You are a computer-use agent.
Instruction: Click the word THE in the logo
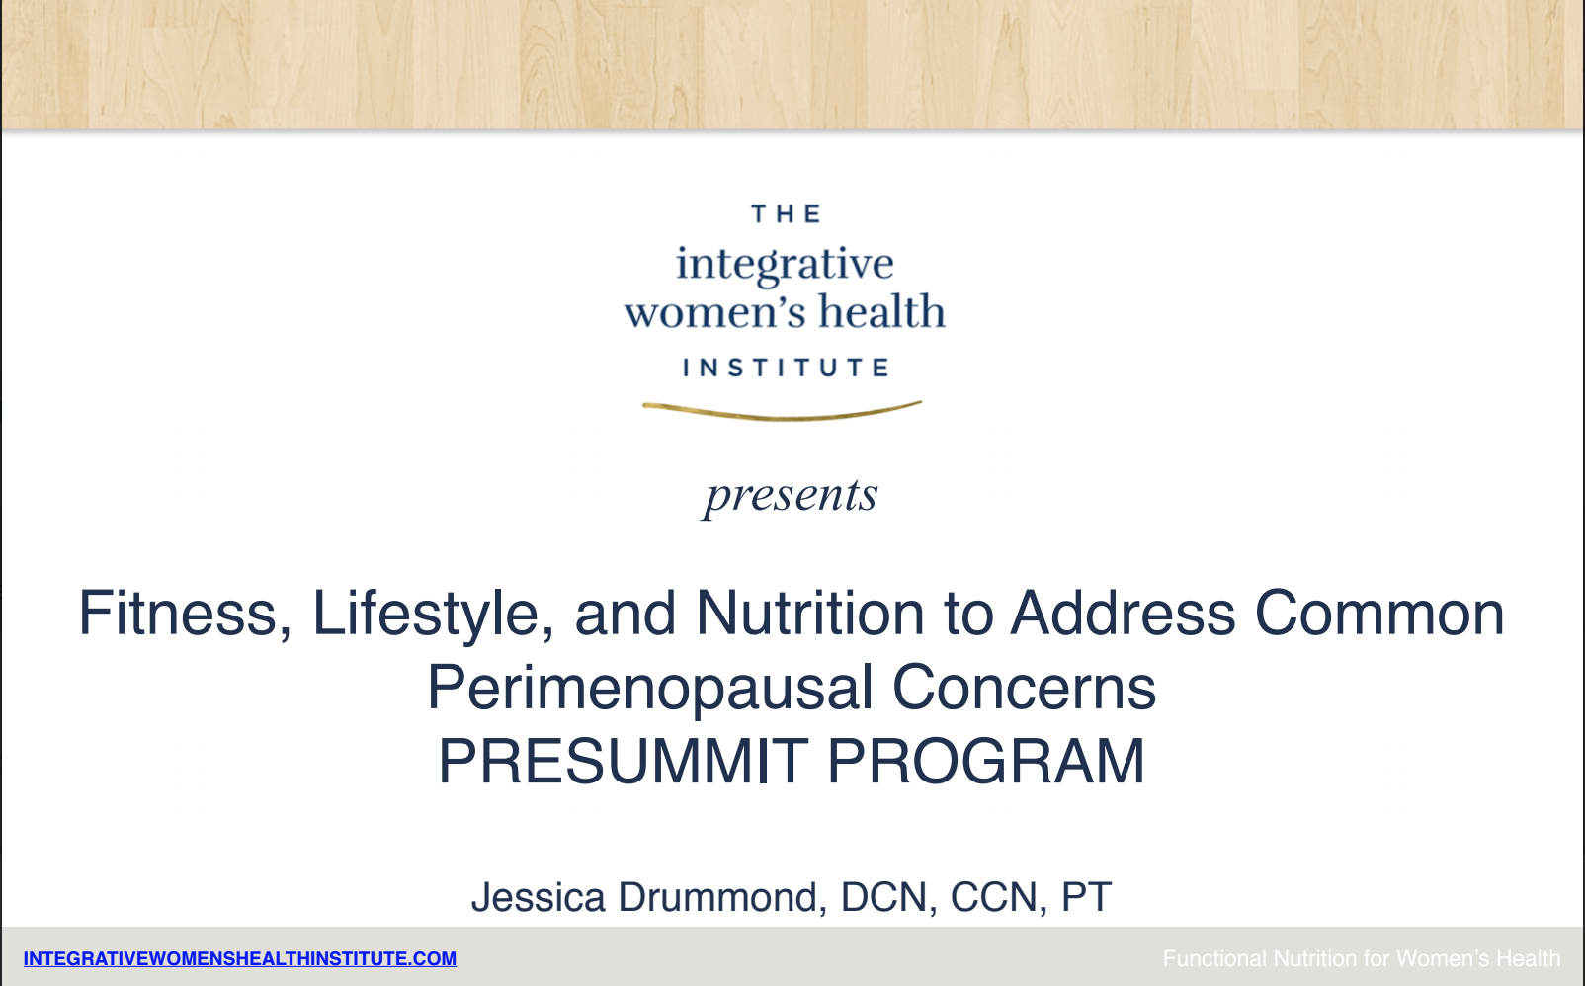(787, 213)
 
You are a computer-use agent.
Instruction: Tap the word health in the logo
(881, 310)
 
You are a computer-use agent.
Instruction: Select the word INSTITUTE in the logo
(787, 368)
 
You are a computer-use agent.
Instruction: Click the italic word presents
(791, 495)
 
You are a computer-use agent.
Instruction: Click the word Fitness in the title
(177, 614)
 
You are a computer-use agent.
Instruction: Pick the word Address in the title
(1123, 613)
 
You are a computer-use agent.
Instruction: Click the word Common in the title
(1379, 613)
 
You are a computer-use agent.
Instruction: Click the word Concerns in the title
(1024, 688)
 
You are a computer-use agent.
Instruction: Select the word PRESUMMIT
(624, 762)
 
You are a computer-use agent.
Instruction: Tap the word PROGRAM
(985, 762)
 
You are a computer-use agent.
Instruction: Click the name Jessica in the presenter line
(539, 898)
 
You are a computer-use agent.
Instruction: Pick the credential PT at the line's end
(1086, 898)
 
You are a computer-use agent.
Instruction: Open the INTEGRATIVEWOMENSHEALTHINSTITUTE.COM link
(240, 959)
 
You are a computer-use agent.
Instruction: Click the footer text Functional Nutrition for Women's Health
(1362, 959)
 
